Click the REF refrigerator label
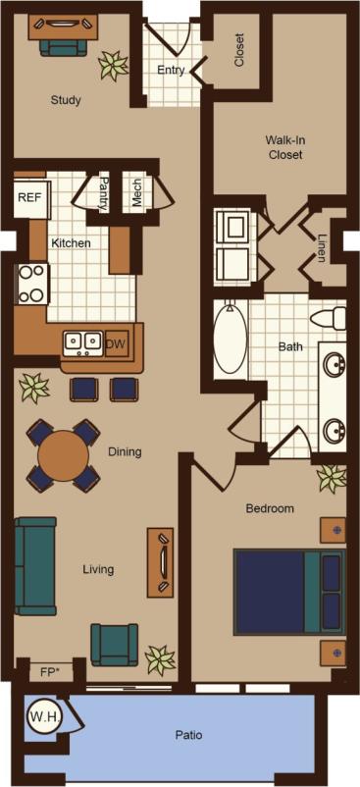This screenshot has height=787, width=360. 28,196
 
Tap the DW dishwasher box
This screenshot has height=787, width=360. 116,342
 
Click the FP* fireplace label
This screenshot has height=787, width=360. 50,672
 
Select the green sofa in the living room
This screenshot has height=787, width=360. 35,566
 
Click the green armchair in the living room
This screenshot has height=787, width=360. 115,644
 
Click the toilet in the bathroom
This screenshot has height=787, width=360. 329,318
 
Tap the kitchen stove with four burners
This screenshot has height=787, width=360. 31,283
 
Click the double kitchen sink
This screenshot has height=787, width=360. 83,342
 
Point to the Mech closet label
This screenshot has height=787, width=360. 136,193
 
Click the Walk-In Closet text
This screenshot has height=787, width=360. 283,147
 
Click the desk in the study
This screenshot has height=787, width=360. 63,26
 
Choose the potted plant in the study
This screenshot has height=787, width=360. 114,66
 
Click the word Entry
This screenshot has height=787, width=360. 171,70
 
